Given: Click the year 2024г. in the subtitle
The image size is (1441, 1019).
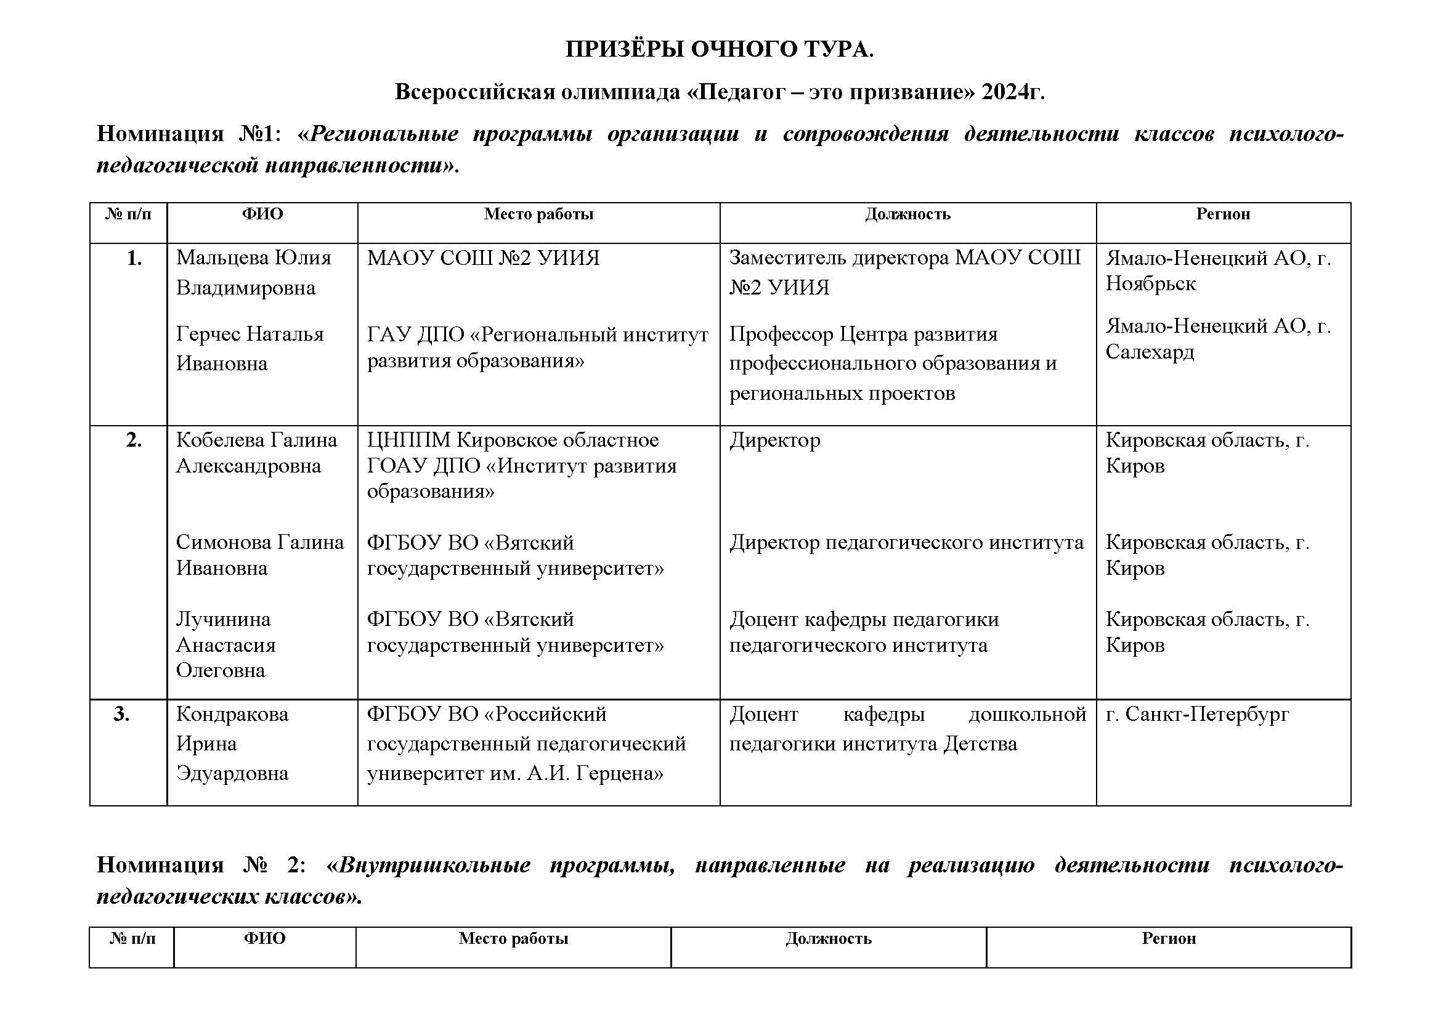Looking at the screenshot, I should tap(1013, 92).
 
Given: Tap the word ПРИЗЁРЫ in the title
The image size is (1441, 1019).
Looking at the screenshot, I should tap(625, 49).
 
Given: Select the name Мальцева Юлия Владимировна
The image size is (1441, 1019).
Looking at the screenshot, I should tap(254, 272).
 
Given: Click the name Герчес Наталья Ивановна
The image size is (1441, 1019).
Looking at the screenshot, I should tap(250, 348).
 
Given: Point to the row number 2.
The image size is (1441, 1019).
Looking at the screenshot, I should tap(134, 440).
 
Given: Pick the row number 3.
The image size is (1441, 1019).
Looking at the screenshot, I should tap(122, 714).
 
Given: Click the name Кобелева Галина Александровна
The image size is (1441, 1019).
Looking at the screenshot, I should tap(256, 452).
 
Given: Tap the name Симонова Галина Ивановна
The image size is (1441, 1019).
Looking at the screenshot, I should tap(260, 554).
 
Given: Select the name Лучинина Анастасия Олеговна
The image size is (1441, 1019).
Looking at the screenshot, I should tap(226, 644).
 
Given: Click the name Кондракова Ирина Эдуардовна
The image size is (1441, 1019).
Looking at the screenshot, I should tap(232, 744).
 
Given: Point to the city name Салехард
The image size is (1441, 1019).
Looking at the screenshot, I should tap(1149, 352).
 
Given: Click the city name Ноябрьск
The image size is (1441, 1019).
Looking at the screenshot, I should tap(1150, 283).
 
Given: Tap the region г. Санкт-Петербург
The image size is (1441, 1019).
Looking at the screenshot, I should tap(1197, 714).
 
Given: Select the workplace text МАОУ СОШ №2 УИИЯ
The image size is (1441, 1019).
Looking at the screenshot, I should tap(483, 258).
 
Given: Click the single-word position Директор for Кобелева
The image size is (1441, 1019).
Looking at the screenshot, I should tap(774, 440).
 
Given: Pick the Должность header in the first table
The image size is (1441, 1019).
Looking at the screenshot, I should tap(907, 214).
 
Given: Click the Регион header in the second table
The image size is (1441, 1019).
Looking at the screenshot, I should tap(1169, 938).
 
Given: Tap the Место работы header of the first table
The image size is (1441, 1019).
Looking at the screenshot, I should tap(538, 214).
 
